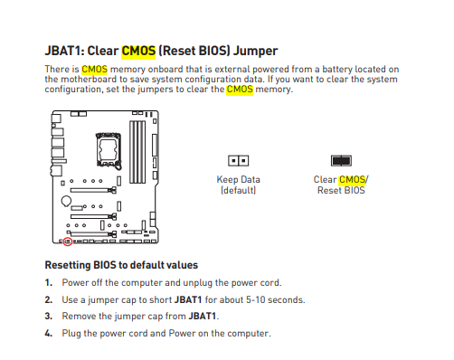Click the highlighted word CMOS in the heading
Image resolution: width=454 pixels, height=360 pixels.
[x=138, y=51]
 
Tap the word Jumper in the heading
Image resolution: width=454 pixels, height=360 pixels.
[x=256, y=52]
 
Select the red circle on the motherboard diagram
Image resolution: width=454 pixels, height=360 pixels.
[x=68, y=242]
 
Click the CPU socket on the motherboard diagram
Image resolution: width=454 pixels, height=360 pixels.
[x=109, y=150]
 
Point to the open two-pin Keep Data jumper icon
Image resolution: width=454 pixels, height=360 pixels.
[x=239, y=161]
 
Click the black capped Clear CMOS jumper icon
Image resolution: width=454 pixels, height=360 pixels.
[x=341, y=161]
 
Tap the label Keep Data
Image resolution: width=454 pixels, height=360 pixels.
[x=239, y=180]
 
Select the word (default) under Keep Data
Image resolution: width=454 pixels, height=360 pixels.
[x=239, y=191]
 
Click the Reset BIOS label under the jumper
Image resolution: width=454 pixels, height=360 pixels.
[x=341, y=191]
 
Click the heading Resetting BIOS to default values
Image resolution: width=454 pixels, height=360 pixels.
[x=121, y=265]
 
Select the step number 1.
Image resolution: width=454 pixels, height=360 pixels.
[x=49, y=283]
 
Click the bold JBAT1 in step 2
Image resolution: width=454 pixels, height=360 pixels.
[x=188, y=300]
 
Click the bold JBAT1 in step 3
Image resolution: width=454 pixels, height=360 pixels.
[x=203, y=317]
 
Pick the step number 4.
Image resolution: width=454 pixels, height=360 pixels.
[x=49, y=334]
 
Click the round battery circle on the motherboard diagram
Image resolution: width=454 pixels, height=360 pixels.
[x=66, y=201]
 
